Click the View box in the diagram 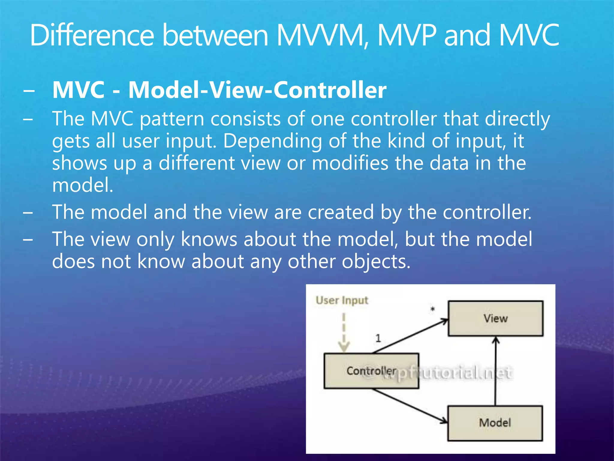pos(495,318)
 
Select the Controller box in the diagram pos(371,371)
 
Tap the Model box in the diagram pos(495,423)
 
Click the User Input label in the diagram pos(342,300)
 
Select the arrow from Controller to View pos(411,336)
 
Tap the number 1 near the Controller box pos(378,338)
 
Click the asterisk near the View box pos(432,309)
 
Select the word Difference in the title pos(92,35)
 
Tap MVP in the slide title pos(407,35)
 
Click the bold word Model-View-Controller pos(257,90)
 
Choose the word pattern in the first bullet pos(172,119)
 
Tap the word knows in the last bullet pos(209,239)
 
